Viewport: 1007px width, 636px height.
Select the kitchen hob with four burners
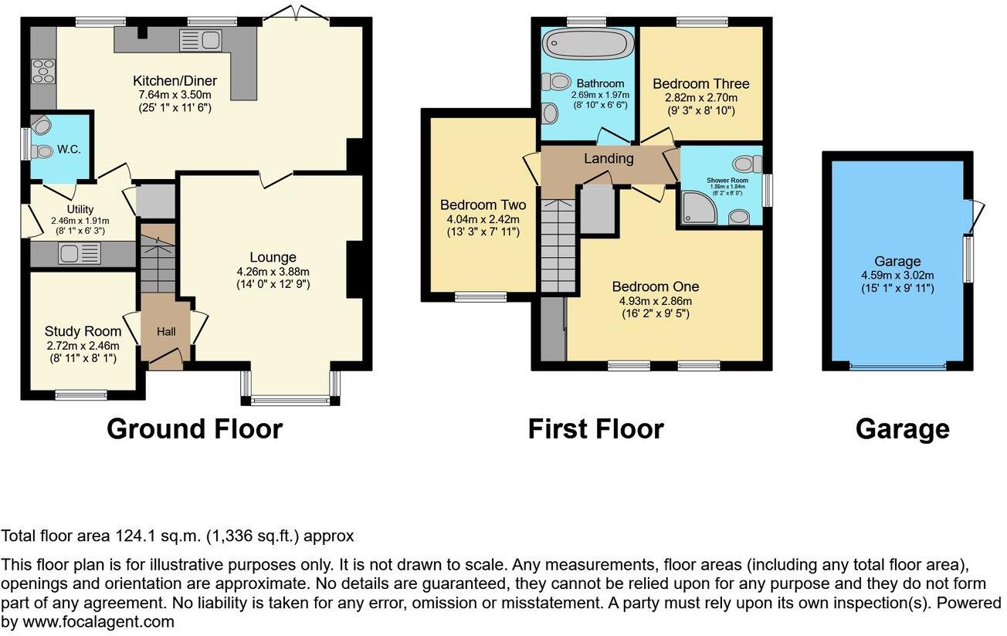pos(42,71)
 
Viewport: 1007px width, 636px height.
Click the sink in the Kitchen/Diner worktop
pos(200,40)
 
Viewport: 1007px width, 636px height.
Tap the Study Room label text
pos(83,331)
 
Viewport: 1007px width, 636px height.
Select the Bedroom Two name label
pos(483,205)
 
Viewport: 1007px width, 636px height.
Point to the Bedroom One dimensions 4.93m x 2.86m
pos(654,301)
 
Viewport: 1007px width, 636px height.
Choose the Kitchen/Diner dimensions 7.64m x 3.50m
pos(175,95)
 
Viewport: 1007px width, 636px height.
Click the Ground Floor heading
pos(195,429)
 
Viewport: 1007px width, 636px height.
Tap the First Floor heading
pos(595,429)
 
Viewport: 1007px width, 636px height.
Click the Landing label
pos(609,159)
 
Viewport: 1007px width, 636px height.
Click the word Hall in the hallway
pos(166,332)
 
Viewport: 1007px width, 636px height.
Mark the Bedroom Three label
pos(700,83)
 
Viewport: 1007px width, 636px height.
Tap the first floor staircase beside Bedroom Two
pos(558,245)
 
